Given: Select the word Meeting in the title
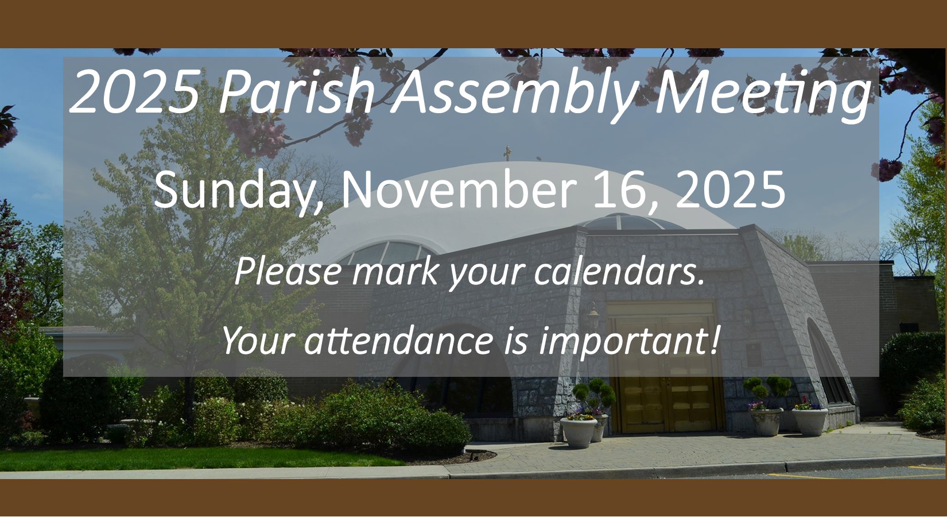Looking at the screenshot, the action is (761, 95).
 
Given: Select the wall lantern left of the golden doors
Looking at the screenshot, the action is (593, 315).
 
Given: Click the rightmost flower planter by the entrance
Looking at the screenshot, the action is (809, 422).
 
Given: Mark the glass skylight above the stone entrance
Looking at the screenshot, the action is (626, 223).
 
